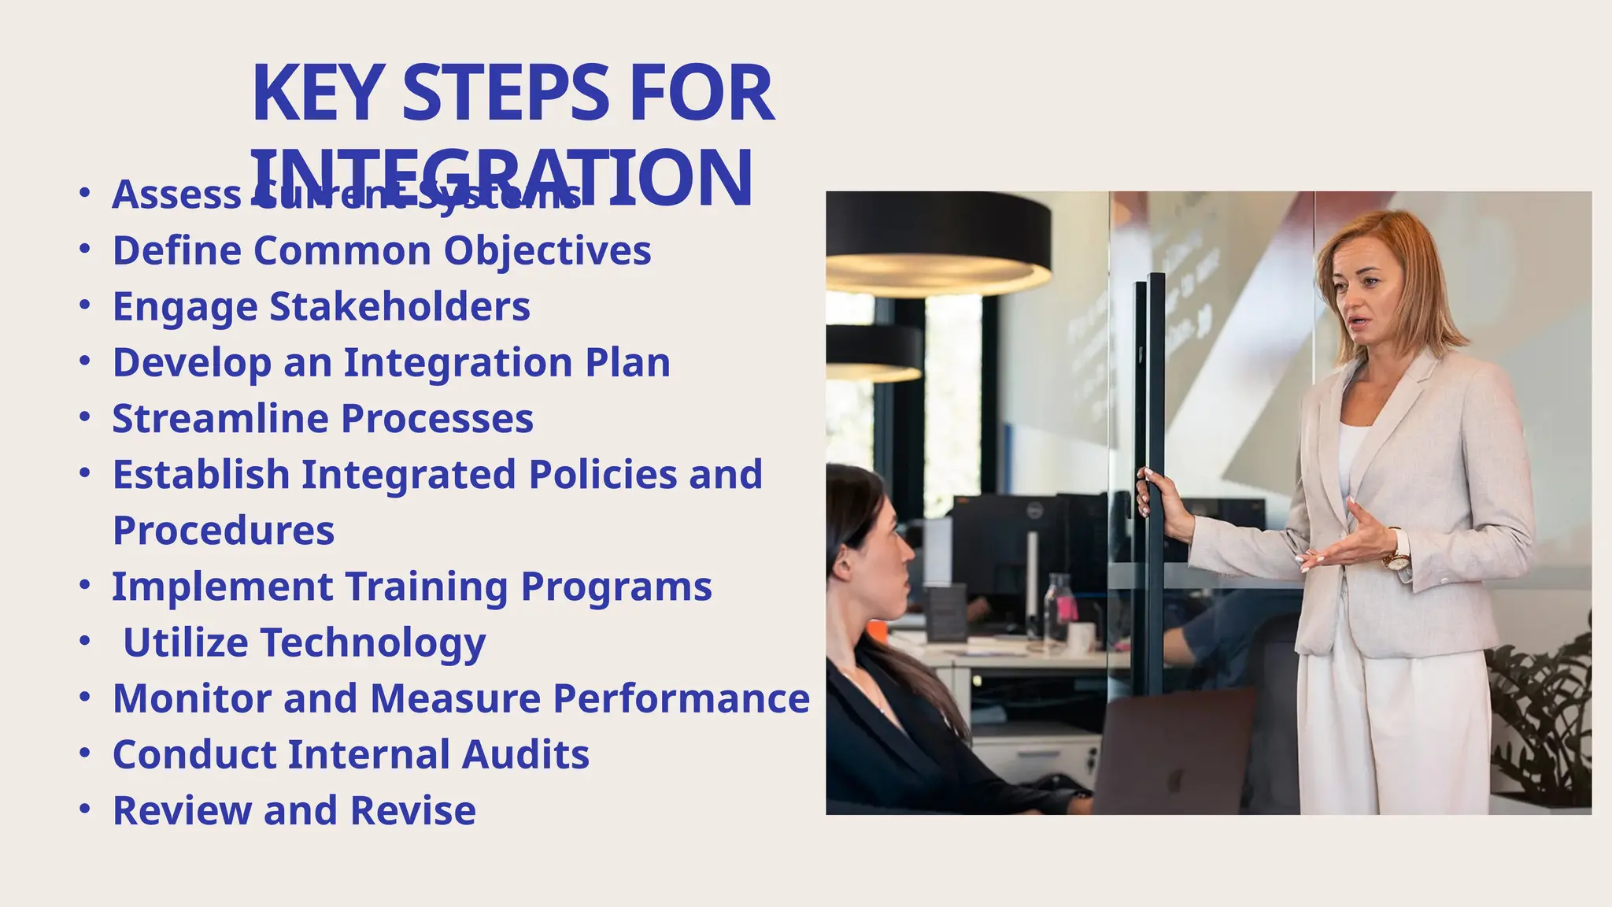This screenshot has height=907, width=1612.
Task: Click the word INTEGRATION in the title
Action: [x=502, y=180]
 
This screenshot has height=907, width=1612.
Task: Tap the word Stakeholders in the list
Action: [x=400, y=306]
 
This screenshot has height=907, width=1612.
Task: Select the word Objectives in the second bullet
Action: [x=547, y=251]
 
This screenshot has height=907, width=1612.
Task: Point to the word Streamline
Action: [x=220, y=418]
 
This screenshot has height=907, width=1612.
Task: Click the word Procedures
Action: [x=224, y=531]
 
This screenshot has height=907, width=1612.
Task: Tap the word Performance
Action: [x=681, y=698]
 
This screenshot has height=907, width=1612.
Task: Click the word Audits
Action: [x=525, y=754]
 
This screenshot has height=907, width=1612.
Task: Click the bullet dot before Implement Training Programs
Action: [x=85, y=585]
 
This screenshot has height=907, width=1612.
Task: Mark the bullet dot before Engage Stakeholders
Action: [x=85, y=305]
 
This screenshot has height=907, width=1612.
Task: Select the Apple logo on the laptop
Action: [x=1175, y=782]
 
